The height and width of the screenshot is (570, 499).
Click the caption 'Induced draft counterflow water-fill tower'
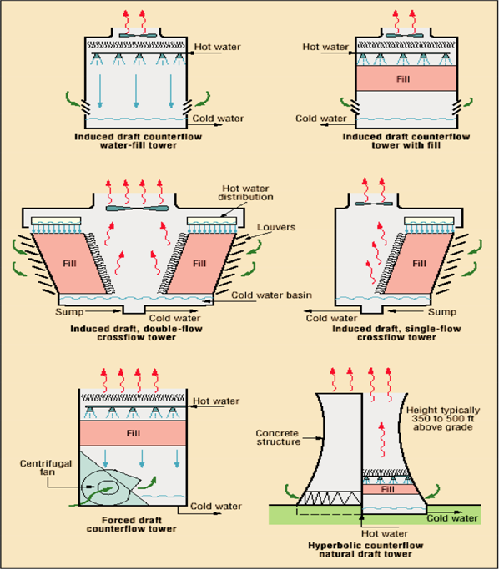coord(137,139)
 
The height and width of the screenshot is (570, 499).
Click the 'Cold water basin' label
coord(266,294)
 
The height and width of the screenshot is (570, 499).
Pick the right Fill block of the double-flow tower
coord(199,262)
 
